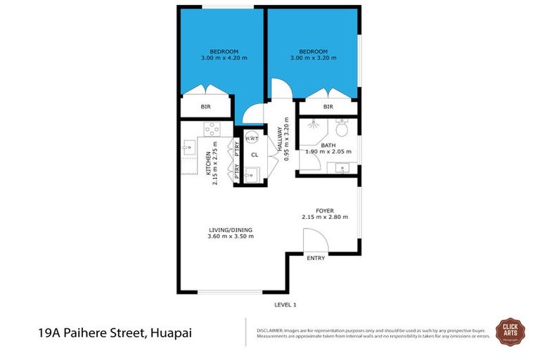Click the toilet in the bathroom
click(x=342, y=129)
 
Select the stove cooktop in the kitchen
click(x=212, y=129)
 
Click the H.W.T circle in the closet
click(x=252, y=139)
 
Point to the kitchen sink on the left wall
click(x=188, y=148)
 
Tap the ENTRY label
click(x=316, y=258)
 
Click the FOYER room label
click(x=324, y=210)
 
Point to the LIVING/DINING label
click(x=230, y=229)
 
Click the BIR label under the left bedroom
click(x=205, y=107)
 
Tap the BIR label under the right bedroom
click(x=328, y=107)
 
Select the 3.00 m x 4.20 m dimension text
click(x=224, y=58)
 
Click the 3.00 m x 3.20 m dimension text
click(x=313, y=58)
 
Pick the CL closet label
click(x=255, y=155)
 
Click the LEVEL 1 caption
click(x=285, y=304)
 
